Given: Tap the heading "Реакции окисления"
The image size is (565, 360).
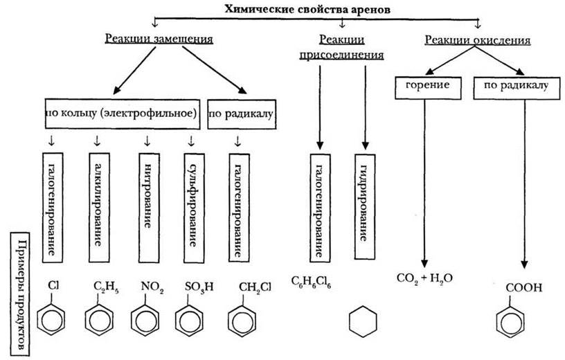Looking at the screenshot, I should click(478, 40).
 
